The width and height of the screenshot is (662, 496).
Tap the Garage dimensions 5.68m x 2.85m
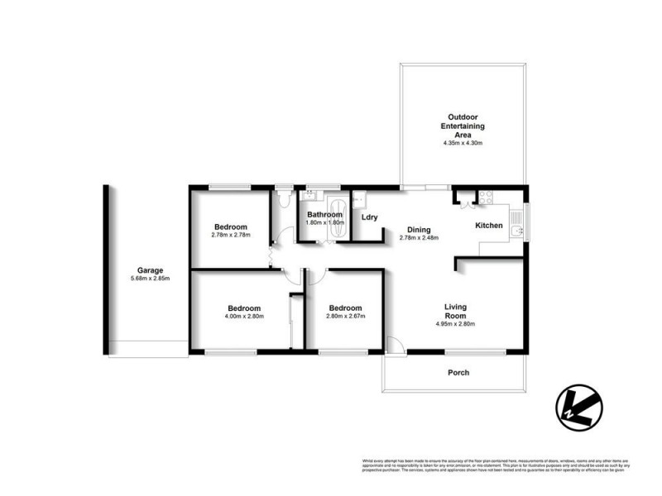tap(150, 279)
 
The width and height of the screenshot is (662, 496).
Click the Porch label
tap(458, 373)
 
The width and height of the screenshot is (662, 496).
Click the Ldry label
tap(370, 217)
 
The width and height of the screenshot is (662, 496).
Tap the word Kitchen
tap(490, 225)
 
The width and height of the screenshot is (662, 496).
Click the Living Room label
tap(455, 310)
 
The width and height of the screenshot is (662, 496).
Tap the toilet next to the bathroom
tap(283, 199)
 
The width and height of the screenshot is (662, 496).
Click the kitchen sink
tap(517, 219)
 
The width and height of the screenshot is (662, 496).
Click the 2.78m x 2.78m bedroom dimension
tap(230, 235)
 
